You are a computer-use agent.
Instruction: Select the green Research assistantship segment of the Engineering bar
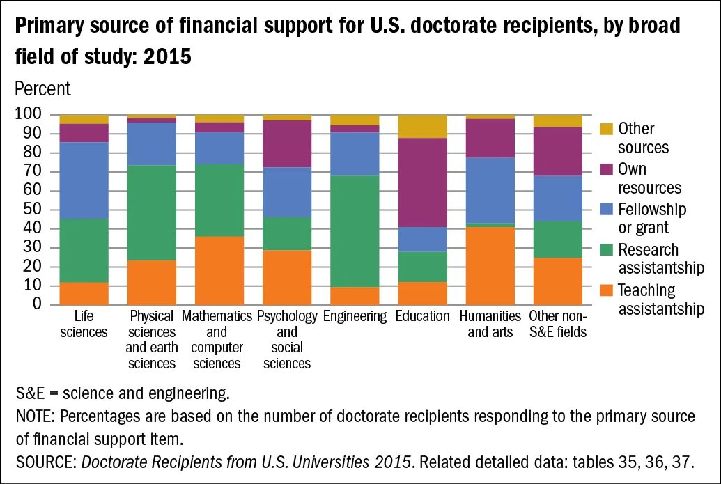point(355,231)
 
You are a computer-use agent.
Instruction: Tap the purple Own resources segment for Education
point(422,182)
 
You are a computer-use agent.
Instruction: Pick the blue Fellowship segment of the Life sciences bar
point(84,181)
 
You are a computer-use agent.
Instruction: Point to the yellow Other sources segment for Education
point(422,127)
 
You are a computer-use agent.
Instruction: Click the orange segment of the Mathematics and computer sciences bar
point(219,270)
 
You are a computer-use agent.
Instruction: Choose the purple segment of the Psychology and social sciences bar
point(287,143)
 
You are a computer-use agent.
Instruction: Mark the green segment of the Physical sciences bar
point(152,213)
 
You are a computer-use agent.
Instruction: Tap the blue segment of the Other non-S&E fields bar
point(557,198)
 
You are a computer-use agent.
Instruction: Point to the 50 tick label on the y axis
point(33,210)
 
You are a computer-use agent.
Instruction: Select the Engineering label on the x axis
point(355,316)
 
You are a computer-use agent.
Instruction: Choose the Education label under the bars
point(422,316)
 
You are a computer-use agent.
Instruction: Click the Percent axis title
point(42,89)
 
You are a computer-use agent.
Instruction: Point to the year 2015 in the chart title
point(167,56)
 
